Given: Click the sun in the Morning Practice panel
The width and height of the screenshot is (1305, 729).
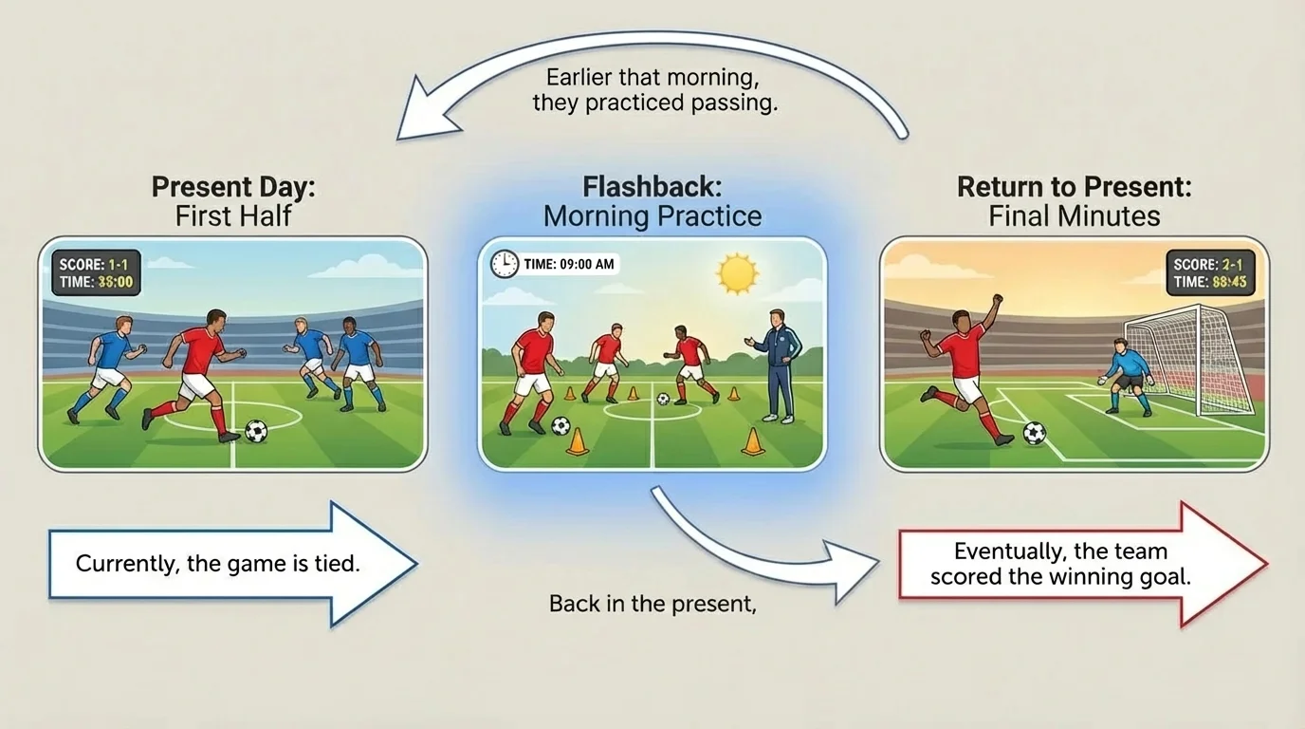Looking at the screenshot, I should pos(737,273).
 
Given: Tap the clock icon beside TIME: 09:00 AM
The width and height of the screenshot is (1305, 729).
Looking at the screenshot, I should pos(505,264).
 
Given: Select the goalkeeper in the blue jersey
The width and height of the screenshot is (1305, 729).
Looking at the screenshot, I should pos(1128,372).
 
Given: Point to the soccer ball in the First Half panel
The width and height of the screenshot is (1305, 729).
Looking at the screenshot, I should pos(256,431).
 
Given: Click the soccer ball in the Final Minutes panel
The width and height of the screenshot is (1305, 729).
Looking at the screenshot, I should pos(1035,433).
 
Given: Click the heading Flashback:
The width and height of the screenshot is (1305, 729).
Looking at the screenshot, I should pos(652,186).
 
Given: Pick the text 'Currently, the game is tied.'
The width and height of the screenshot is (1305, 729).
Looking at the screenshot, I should pos(217,564).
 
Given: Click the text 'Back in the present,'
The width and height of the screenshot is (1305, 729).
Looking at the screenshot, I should pos(652,604).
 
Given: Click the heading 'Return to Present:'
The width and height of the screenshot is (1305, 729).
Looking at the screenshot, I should pos(1074,186).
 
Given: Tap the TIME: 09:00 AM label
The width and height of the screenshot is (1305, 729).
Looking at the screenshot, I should pos(568,264).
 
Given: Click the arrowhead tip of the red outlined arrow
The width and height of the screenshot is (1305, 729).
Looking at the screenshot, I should pos(1265,564).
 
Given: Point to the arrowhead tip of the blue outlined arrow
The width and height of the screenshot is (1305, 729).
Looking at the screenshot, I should pos(414,564).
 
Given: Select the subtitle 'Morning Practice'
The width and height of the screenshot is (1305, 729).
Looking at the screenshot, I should pos(652,216).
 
